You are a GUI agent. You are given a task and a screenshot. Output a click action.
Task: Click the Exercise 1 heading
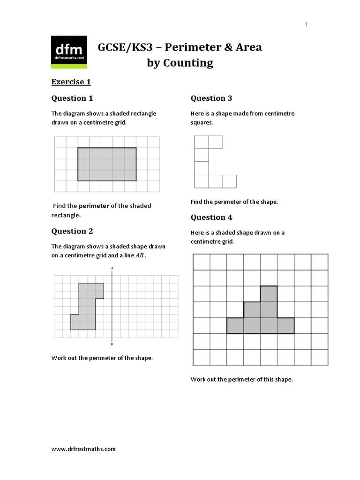(71, 82)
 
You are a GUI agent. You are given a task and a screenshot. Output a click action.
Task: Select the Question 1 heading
(72, 98)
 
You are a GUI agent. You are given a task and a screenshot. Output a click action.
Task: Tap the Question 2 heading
(72, 231)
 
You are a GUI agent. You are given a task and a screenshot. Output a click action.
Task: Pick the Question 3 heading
(211, 98)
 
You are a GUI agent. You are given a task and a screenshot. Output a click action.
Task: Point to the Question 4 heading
(211, 217)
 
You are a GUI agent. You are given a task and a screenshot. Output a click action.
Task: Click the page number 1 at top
(307, 25)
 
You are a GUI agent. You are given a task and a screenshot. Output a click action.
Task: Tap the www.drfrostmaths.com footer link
(83, 449)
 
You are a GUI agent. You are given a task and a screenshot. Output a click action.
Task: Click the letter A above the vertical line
(112, 269)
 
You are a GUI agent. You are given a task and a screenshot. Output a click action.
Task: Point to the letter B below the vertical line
(112, 345)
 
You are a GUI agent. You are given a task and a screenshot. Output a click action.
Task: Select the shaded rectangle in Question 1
(107, 164)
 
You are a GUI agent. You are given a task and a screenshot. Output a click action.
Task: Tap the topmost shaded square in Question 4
(269, 293)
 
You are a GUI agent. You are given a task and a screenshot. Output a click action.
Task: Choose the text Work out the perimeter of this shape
(241, 379)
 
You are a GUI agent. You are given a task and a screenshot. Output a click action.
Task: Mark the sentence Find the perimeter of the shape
(234, 202)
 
